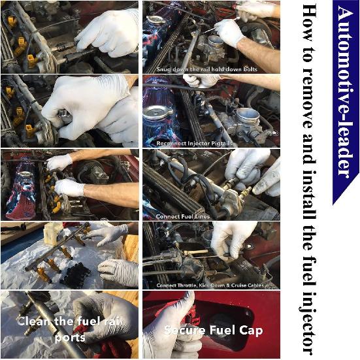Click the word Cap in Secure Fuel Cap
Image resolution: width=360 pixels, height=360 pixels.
[250, 331]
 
